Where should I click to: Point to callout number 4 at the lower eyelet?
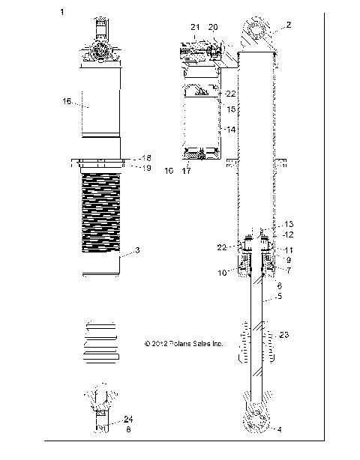click(x=280, y=429)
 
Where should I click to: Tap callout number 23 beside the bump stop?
click(x=283, y=335)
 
